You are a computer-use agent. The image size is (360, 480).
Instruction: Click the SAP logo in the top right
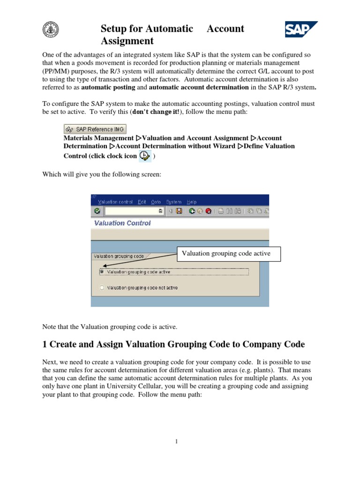tap(301, 30)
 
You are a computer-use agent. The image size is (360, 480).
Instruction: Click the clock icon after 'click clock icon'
tap(145, 157)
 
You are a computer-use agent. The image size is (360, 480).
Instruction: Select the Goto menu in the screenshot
tap(156, 202)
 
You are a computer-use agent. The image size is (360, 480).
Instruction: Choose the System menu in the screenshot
tap(173, 202)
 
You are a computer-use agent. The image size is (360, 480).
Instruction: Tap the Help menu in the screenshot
tap(192, 202)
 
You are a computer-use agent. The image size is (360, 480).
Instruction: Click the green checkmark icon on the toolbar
tap(97, 211)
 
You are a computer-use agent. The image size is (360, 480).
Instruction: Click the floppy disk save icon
tap(179, 211)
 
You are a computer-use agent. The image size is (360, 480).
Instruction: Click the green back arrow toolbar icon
tap(192, 211)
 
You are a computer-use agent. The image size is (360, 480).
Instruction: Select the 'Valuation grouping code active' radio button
tap(101, 271)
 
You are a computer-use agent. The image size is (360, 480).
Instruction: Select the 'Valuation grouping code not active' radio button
tap(101, 287)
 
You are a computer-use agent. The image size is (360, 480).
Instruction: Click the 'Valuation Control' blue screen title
tap(122, 223)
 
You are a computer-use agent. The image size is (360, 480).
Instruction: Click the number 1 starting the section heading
tap(45, 345)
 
